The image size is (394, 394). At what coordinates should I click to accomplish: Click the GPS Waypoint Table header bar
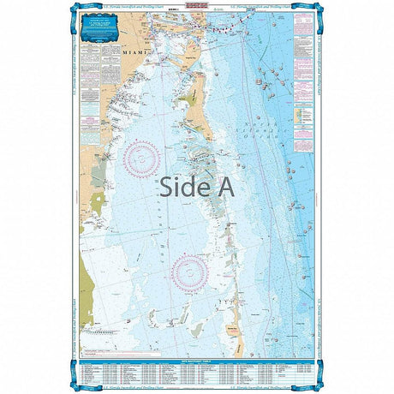click(196, 339)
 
